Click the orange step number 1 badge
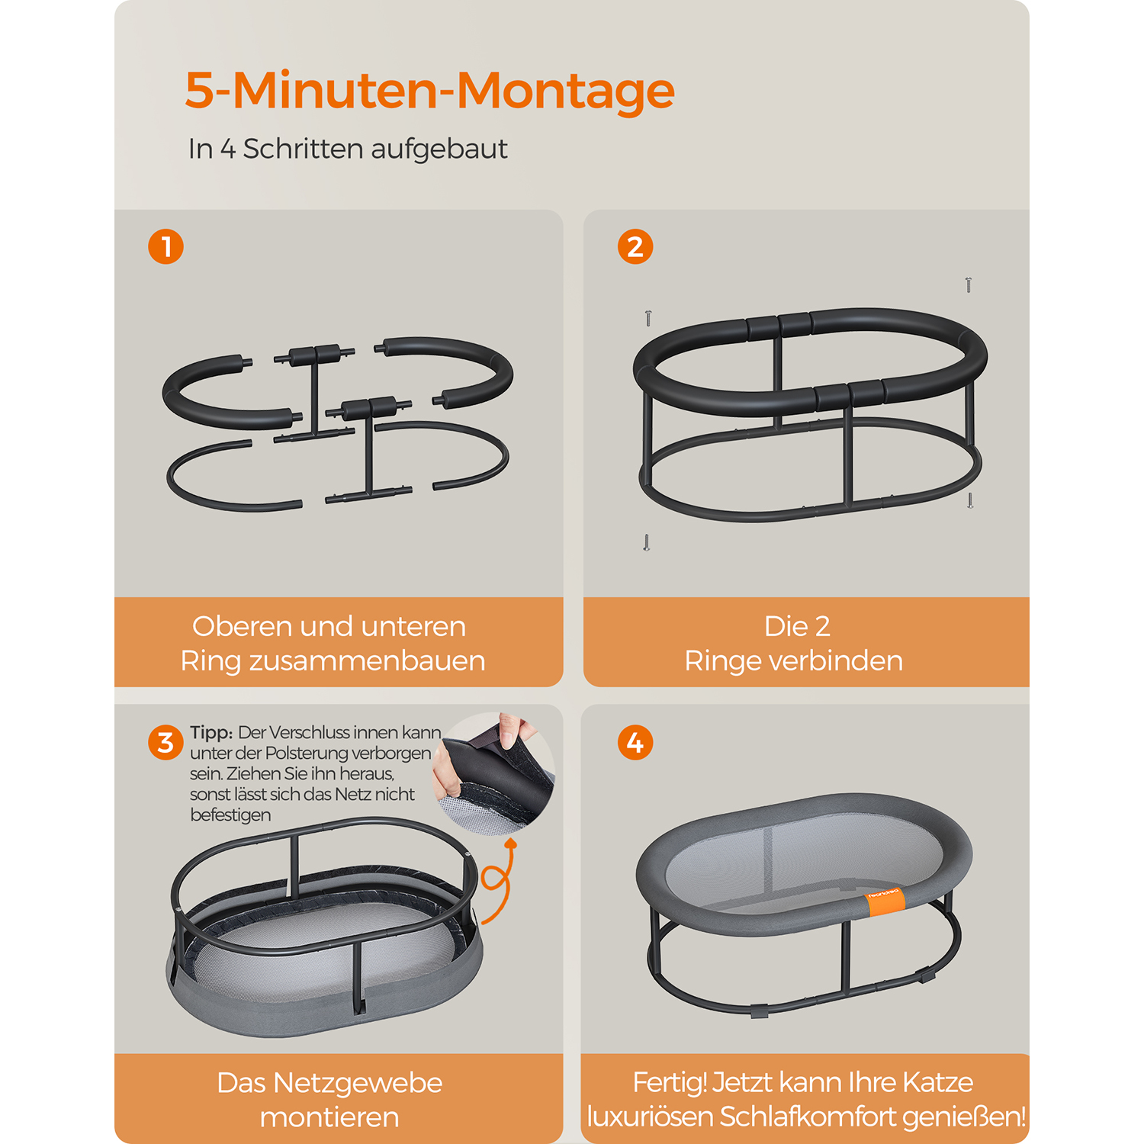pos(165,246)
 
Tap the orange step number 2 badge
pos(635,246)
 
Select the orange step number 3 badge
pos(165,742)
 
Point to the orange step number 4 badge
pos(635,742)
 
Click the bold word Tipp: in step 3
pos(211,732)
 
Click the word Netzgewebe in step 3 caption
pos(358,1083)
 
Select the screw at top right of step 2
pos(969,285)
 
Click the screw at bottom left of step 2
pos(647,542)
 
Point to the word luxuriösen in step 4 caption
pos(651,1117)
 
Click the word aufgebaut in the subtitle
pos(439,149)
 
